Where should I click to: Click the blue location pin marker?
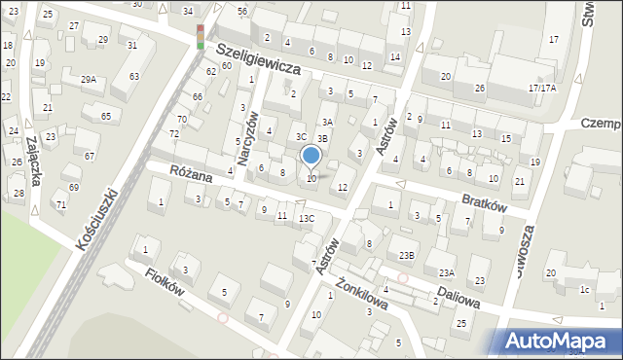311,156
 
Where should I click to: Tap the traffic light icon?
201,37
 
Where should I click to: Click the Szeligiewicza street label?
257,59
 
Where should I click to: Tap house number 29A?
89,79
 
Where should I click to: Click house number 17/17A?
541,88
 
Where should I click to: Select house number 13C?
306,218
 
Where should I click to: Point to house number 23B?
406,255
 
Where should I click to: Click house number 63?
133,76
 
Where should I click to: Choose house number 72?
174,133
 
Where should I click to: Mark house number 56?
242,11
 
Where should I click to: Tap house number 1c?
584,290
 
